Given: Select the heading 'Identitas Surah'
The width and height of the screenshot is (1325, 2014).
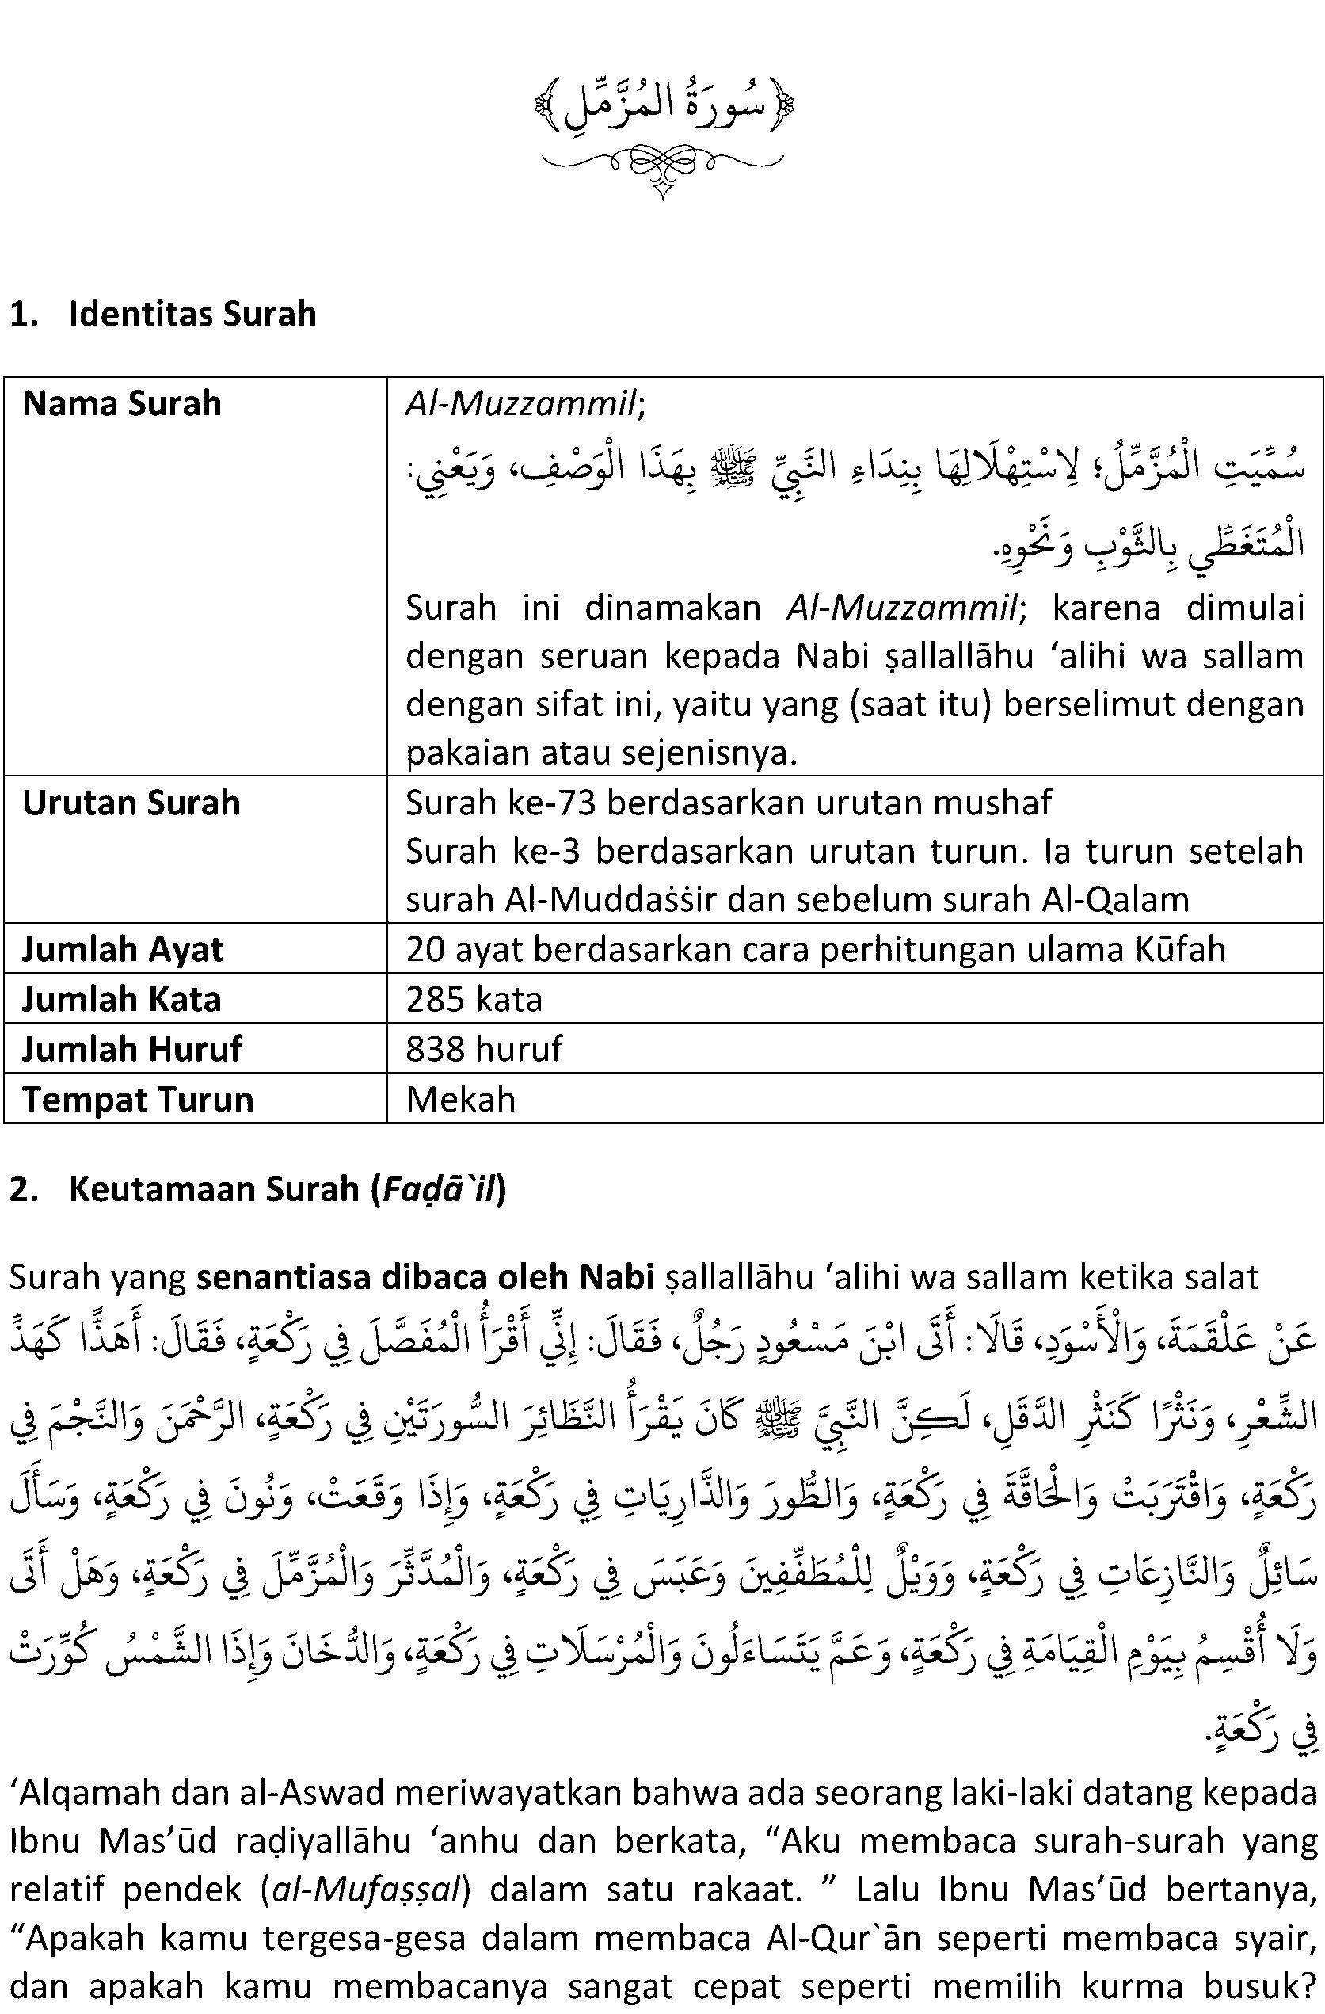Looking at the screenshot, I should pyautogui.click(x=192, y=314).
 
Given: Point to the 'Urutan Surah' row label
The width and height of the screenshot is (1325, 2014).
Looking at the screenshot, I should pyautogui.click(x=131, y=803).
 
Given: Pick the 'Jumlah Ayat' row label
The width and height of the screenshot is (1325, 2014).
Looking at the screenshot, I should pyautogui.click(x=123, y=949).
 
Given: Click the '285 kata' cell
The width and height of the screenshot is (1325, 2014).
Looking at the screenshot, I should pyautogui.click(x=474, y=999).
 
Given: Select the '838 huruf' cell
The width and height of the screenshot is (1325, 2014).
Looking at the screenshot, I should pyautogui.click(x=484, y=1049).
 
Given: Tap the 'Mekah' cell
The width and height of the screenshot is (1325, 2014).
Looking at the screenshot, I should pyautogui.click(x=460, y=1099).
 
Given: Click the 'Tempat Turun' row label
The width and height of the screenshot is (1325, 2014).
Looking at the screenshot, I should pyautogui.click(x=138, y=1099).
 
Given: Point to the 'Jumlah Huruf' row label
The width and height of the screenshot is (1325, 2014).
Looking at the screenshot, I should pyautogui.click(x=132, y=1049).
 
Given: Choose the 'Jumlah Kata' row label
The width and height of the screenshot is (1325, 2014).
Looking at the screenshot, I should pyautogui.click(x=122, y=999).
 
